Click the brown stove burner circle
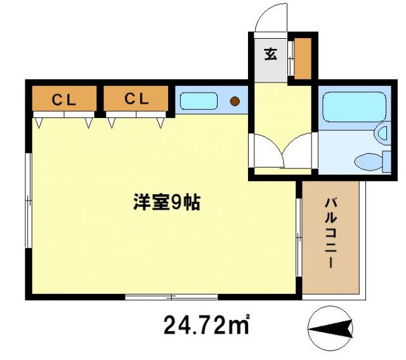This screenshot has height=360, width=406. click(x=235, y=100)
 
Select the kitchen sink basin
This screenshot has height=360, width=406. click(x=199, y=100)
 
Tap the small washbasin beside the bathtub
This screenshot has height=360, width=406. click(x=383, y=133)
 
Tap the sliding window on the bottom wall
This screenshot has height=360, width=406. click(x=171, y=297)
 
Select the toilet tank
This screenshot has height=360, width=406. click(x=386, y=161)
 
